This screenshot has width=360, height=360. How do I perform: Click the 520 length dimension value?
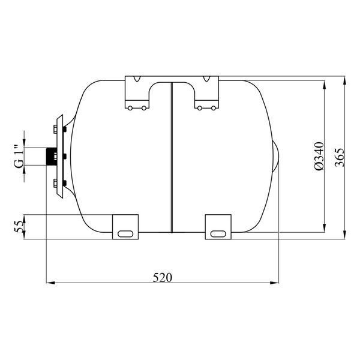click(163, 277)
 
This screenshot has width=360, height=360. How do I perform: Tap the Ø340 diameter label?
click(319, 156)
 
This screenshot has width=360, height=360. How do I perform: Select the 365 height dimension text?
click(340, 157)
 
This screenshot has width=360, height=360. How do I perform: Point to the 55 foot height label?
click(19, 227)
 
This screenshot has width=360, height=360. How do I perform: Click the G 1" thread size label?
click(19, 157)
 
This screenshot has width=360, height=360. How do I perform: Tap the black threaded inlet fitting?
click(52, 157)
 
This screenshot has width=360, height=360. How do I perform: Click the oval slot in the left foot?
click(125, 234)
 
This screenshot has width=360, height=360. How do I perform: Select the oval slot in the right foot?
click(218, 234)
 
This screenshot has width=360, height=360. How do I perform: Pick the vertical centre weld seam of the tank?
click(172, 157)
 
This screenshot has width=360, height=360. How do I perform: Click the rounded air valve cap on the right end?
click(276, 157)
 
